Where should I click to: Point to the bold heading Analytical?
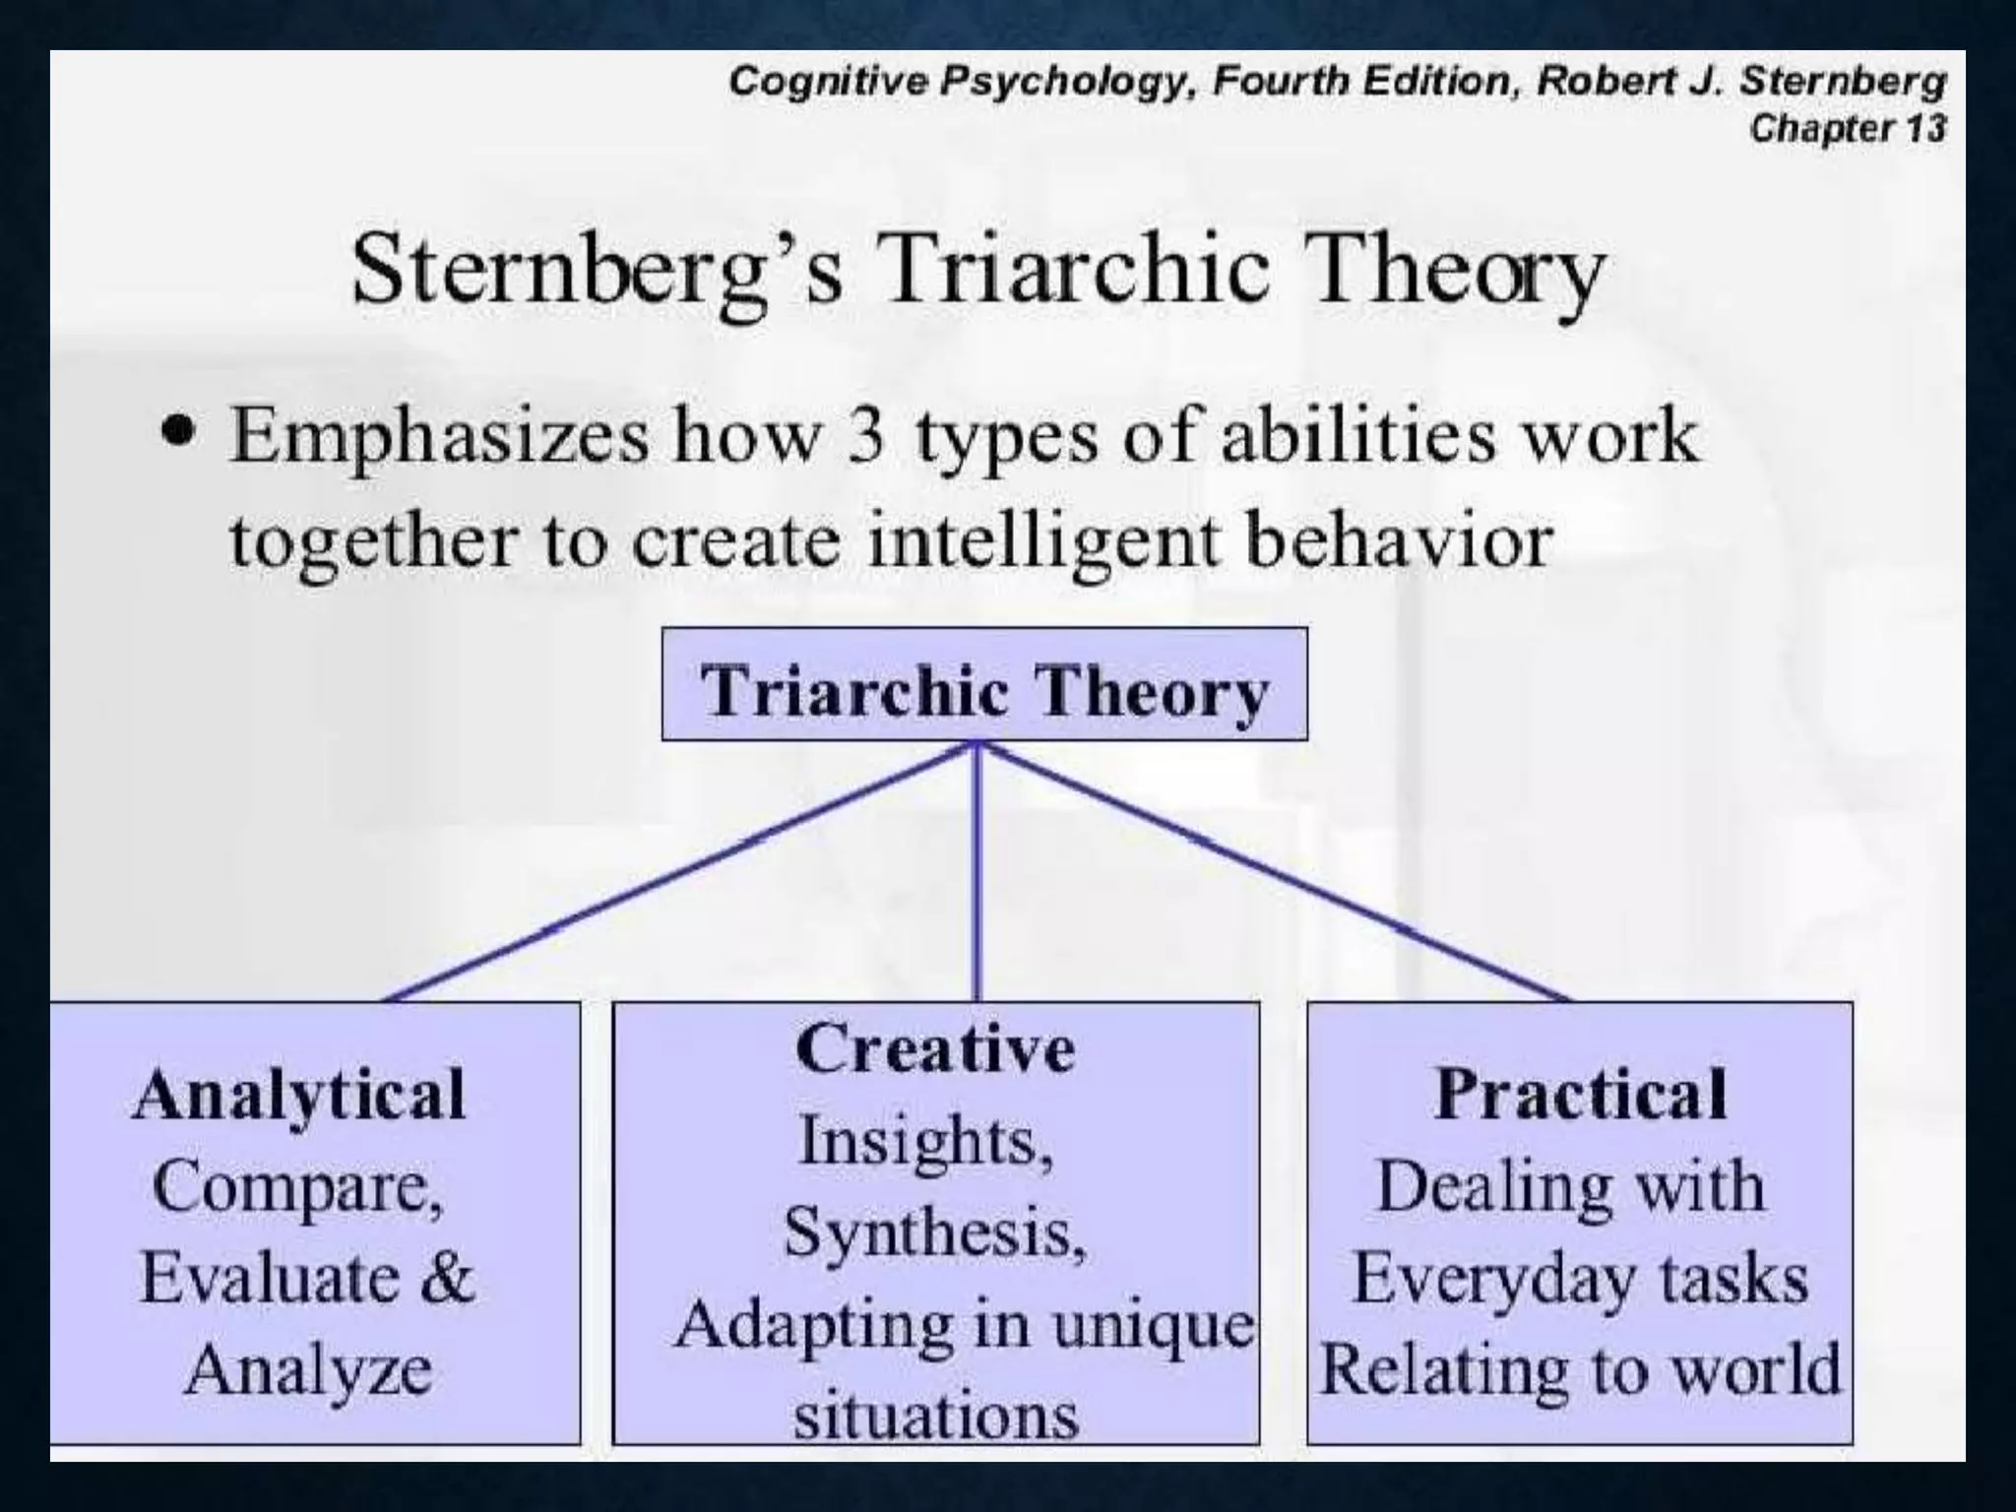tap(299, 1095)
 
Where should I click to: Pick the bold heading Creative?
tap(935, 1048)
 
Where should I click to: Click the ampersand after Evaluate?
tap(448, 1278)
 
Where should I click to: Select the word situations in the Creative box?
tap(936, 1416)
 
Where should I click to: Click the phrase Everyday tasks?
tap(1580, 1280)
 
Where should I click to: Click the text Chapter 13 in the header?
tap(1848, 129)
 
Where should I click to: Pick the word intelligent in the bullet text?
tap(1043, 541)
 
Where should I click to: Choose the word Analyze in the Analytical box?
tap(308, 1369)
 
